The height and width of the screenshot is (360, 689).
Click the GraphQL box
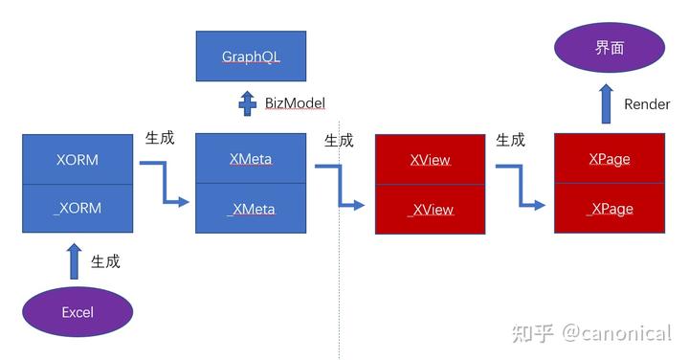click(251, 56)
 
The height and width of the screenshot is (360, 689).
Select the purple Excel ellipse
click(78, 311)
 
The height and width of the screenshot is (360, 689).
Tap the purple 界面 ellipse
click(610, 47)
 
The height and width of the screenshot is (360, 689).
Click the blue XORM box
click(77, 159)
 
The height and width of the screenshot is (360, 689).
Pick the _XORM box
click(77, 208)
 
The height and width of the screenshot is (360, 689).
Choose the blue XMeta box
click(251, 159)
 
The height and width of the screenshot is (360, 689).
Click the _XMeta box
click(251, 209)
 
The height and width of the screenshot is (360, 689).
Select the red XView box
click(431, 161)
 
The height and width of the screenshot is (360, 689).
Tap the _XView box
click(431, 210)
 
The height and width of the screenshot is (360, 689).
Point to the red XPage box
click(610, 159)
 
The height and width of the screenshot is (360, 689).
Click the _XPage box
click(610, 209)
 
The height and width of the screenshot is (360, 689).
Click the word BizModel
click(296, 103)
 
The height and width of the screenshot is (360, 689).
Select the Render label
click(647, 104)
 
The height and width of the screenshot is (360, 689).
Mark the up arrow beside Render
click(607, 102)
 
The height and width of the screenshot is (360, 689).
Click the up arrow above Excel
click(75, 260)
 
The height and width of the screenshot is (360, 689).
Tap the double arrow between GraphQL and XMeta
click(248, 103)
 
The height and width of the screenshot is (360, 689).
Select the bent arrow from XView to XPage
click(522, 184)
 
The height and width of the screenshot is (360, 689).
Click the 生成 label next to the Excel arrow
click(105, 260)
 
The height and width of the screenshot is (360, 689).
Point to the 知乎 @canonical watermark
click(590, 333)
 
